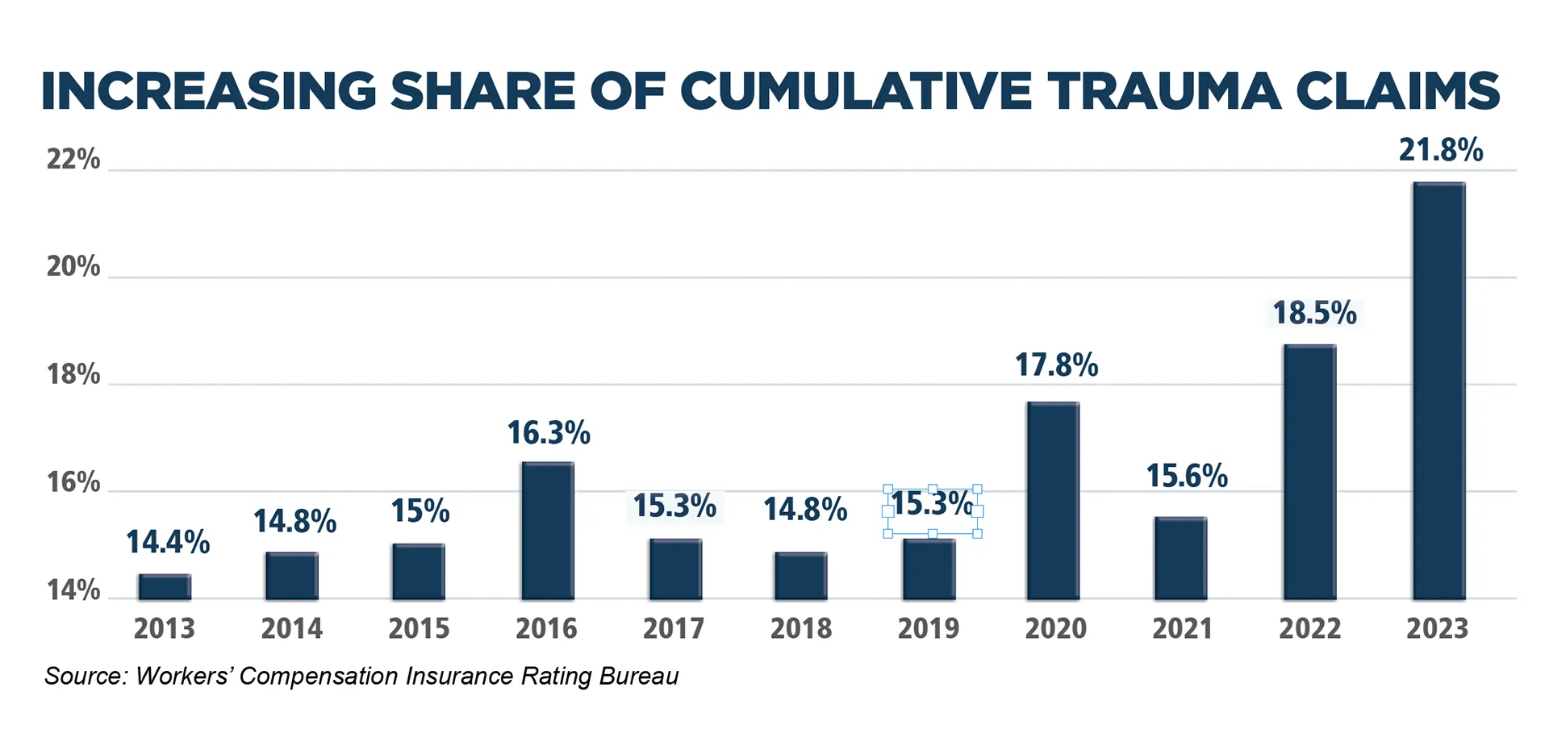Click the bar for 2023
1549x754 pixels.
pyautogui.click(x=1438, y=391)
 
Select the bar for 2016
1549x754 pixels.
pyautogui.click(x=548, y=531)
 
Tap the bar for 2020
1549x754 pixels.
pyautogui.click(x=1053, y=500)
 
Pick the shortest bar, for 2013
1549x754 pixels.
pyautogui.click(x=165, y=587)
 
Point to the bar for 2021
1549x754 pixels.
pyautogui.click(x=1180, y=558)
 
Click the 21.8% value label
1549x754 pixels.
pyautogui.click(x=1441, y=150)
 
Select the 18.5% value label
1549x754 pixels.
pyautogui.click(x=1314, y=313)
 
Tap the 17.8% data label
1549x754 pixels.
pyautogui.click(x=1056, y=365)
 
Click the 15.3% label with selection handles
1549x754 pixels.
pyautogui.click(x=932, y=504)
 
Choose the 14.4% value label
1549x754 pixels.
pyautogui.click(x=168, y=542)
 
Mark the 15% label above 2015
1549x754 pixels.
pyautogui.click(x=420, y=511)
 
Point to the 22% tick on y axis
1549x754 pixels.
pyautogui.click(x=73, y=160)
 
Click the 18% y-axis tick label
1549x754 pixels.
pyautogui.click(x=73, y=375)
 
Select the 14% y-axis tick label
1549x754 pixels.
pyautogui.click(x=73, y=591)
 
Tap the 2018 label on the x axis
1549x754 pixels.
pyautogui.click(x=800, y=629)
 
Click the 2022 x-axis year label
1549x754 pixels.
pyautogui.click(x=1309, y=629)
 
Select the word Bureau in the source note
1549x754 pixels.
pyautogui.click(x=639, y=676)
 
